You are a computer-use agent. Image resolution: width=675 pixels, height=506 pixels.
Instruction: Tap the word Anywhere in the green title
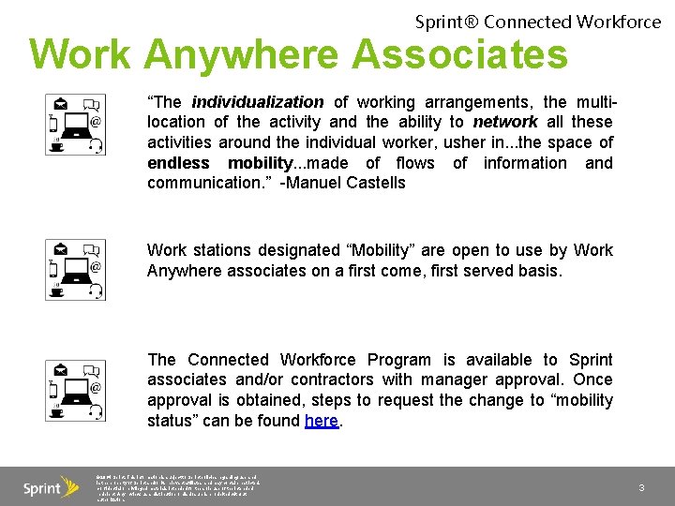click(x=246, y=54)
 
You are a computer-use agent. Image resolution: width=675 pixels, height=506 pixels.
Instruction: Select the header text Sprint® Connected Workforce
click(x=537, y=21)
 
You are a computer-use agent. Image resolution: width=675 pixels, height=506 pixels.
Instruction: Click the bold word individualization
click(x=258, y=102)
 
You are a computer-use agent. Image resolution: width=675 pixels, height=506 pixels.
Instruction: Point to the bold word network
click(x=505, y=122)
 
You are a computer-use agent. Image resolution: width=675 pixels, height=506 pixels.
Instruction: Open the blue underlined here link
click(x=321, y=421)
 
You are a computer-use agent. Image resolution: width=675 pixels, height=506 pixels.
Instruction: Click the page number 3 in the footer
click(x=641, y=487)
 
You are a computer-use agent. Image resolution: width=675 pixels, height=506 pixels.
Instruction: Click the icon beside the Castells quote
click(x=75, y=124)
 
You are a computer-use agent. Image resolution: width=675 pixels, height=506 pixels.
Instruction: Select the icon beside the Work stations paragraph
click(x=75, y=269)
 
